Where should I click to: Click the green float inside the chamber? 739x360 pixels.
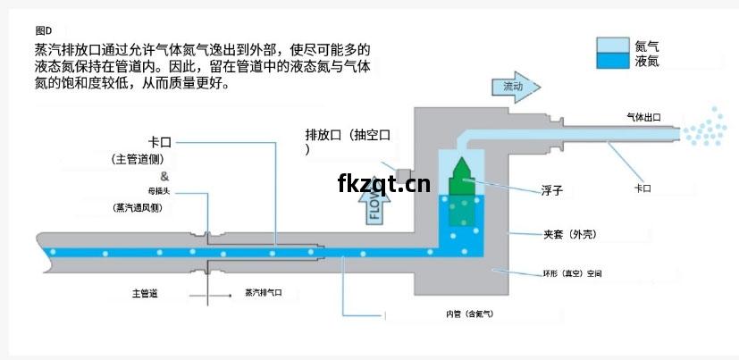tap(462, 192)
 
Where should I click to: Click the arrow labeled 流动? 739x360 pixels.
tap(516, 88)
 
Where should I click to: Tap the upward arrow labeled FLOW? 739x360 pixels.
tap(374, 207)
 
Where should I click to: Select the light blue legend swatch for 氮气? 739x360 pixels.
tap(613, 46)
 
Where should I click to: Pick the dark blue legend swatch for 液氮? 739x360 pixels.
tap(613, 61)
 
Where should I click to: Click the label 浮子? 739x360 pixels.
tap(551, 191)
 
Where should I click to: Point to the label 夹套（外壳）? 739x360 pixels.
tap(570, 234)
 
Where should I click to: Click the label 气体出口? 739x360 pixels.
tap(643, 117)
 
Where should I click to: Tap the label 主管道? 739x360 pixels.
tap(145, 294)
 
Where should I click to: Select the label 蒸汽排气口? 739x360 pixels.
tap(264, 293)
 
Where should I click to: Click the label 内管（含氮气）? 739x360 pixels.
tap(469, 314)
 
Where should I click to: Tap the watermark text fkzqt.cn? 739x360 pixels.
tap(383, 183)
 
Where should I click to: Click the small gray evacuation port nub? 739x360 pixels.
tap(404, 176)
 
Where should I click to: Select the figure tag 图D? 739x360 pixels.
tap(44, 30)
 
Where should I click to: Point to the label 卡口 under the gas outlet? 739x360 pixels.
tap(642, 188)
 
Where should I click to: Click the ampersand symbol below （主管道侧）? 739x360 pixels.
tap(164, 177)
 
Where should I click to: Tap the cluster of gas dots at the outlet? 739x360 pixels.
tap(705, 127)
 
